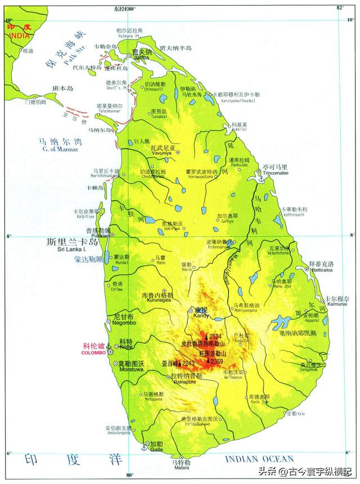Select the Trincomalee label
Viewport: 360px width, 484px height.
[x=275, y=173]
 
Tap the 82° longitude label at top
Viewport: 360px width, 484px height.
[x=339, y=7]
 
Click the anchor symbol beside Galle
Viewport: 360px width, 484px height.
[x=144, y=447]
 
